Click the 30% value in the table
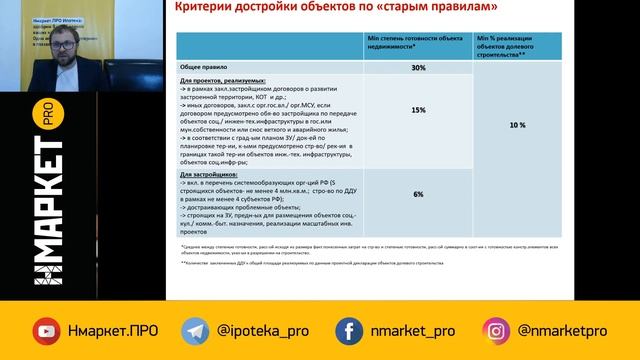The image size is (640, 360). [x=419, y=67]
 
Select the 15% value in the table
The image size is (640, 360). [x=419, y=110]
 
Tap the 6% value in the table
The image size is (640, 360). [x=419, y=196]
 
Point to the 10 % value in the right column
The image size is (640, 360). [x=516, y=126]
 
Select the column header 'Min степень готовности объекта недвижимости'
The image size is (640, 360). [x=419, y=44]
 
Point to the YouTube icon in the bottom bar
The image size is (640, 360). [x=46, y=331]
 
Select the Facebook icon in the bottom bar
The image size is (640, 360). [x=349, y=331]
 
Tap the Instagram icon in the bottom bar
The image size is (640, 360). [x=497, y=331]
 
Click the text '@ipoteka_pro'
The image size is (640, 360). [x=260, y=331]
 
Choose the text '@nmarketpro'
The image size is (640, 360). [x=564, y=331]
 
